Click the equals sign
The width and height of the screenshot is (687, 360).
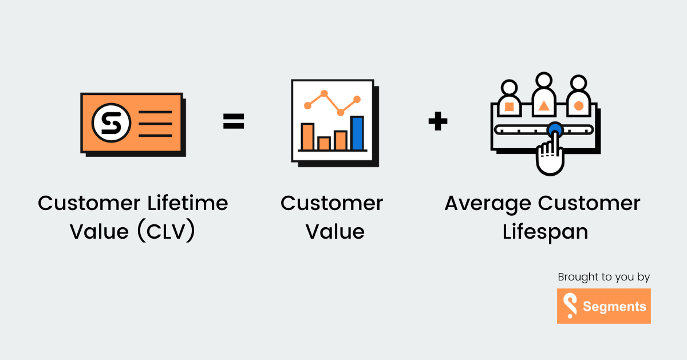point(234,121)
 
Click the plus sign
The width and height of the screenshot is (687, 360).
point(438,121)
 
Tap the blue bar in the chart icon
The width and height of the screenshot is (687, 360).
point(357,133)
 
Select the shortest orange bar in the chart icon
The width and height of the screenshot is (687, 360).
point(324,143)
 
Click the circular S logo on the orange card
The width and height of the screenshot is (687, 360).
point(112,122)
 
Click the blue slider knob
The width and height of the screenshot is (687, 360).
point(554,130)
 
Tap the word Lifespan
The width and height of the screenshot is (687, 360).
point(545,232)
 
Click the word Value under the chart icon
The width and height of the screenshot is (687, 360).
point(335,232)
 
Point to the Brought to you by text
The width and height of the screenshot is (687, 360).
point(604,277)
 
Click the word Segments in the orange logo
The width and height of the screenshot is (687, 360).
point(614,307)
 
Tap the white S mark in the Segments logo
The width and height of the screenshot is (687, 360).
point(570,306)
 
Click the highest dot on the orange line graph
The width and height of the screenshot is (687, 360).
point(324,93)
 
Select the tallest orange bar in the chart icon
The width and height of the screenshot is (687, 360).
point(307,136)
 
